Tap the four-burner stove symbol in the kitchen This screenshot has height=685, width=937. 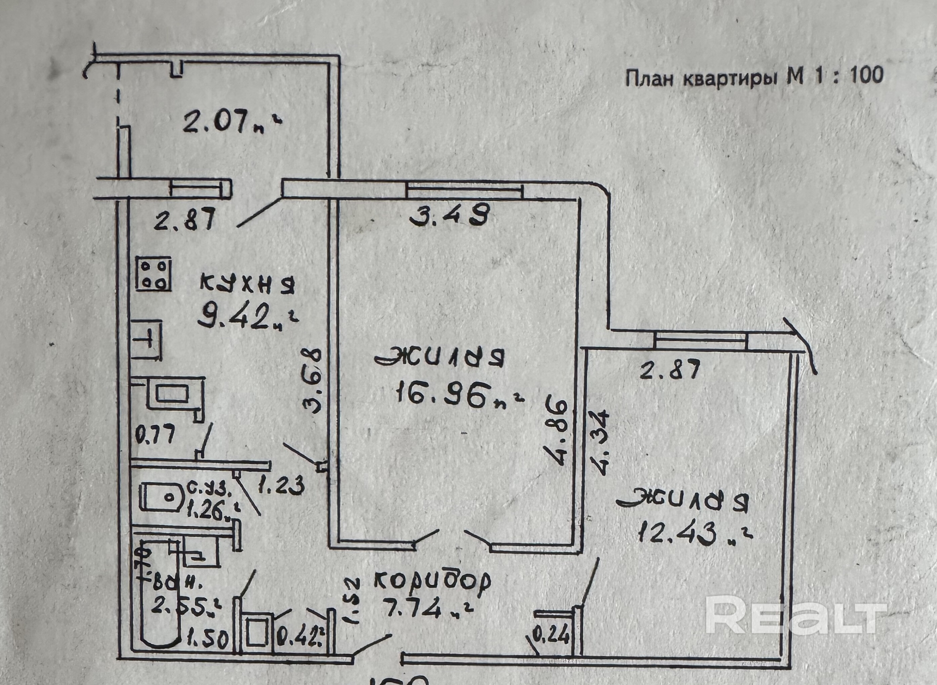(153, 275)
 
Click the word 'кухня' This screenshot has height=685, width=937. (247, 284)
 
